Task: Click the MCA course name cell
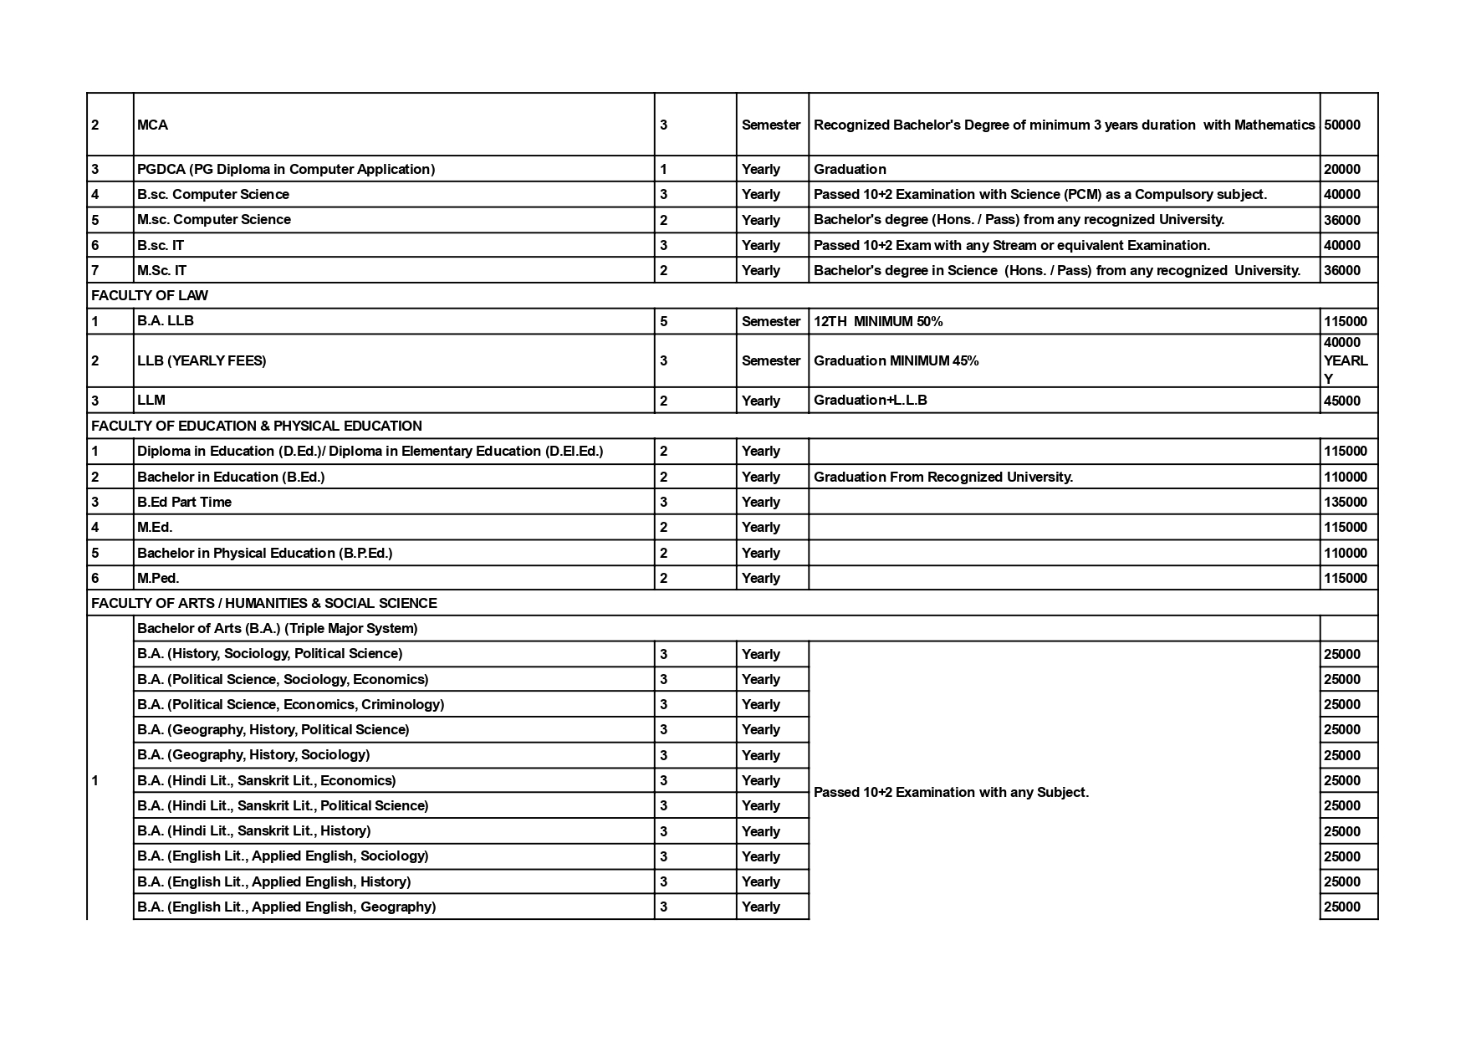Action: (x=153, y=125)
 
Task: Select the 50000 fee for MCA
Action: (x=1342, y=125)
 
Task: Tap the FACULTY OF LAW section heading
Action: (x=150, y=295)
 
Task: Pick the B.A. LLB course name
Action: (x=166, y=321)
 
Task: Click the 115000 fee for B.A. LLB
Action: (x=1346, y=321)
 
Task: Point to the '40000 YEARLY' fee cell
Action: (x=1346, y=360)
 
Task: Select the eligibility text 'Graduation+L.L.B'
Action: (x=870, y=400)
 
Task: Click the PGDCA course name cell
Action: (x=286, y=169)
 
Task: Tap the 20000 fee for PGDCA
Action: (x=1342, y=169)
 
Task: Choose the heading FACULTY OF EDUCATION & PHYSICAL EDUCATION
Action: (x=257, y=426)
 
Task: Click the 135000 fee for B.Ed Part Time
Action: (x=1346, y=502)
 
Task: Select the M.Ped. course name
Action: (x=158, y=578)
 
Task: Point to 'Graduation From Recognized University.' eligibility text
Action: (x=942, y=477)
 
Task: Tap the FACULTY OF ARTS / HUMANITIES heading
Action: (x=264, y=603)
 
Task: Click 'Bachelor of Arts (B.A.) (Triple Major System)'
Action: (x=278, y=628)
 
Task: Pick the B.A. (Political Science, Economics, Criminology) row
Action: (x=291, y=704)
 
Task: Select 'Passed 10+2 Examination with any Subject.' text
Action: (x=951, y=792)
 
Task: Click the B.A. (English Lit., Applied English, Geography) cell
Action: (x=287, y=907)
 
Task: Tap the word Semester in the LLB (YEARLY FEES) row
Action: (x=771, y=360)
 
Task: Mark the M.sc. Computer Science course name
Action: (x=214, y=219)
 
